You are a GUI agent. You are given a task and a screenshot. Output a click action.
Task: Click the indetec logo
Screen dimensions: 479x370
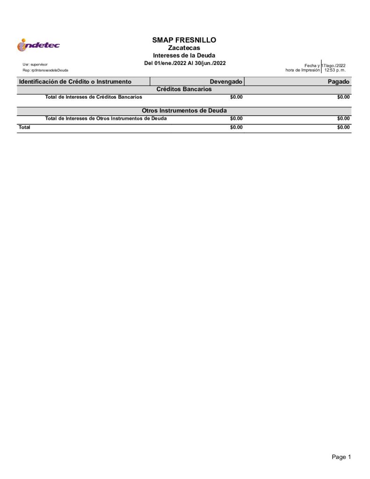[x=38, y=45]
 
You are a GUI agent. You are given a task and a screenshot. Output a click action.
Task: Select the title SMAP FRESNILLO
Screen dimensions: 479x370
[x=184, y=40]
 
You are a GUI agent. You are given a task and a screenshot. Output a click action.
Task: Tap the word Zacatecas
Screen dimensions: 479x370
[x=184, y=48]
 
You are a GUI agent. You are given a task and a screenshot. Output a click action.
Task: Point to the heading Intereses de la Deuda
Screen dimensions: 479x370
[x=184, y=56]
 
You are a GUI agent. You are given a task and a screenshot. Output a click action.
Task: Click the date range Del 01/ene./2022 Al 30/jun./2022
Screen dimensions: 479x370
[x=185, y=63]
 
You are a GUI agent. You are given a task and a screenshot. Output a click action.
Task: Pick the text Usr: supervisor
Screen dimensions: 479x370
[x=35, y=64]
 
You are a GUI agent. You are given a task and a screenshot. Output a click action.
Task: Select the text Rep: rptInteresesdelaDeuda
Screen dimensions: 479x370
[x=45, y=70]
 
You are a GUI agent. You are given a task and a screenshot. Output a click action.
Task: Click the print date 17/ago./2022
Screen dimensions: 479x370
[x=334, y=65]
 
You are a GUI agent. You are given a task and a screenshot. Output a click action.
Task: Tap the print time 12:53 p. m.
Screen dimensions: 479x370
[x=335, y=70]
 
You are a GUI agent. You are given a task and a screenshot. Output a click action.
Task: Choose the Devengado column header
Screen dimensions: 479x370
[x=226, y=82]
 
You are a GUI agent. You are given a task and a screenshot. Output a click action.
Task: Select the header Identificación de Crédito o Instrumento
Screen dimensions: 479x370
[x=75, y=82]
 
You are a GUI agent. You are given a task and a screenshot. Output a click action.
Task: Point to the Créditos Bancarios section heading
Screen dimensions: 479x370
[x=184, y=89]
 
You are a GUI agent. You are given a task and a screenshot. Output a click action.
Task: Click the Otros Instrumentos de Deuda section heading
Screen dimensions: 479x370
[x=184, y=111]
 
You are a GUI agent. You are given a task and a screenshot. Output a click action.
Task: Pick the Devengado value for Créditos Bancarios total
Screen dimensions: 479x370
[x=236, y=97]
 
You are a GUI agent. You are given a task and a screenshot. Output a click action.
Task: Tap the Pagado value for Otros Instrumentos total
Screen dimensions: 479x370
[x=343, y=119]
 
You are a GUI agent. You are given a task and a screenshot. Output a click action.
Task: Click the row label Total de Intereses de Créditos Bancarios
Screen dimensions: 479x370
[x=94, y=97]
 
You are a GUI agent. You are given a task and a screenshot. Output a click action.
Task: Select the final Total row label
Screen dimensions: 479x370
[x=24, y=127]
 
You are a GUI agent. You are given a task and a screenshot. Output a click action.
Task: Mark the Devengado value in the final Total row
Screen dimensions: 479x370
[x=236, y=127]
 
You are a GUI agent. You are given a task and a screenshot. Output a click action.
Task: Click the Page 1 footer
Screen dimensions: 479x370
[x=341, y=457]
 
